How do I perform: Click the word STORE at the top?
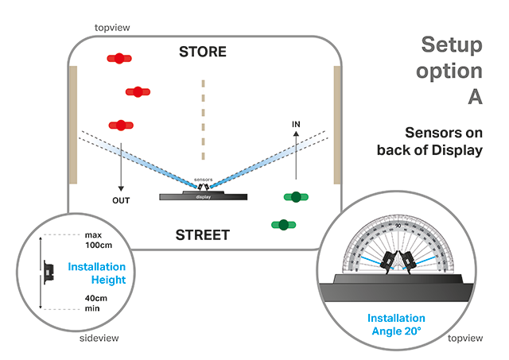pos(202,52)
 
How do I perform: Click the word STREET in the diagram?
pos(202,234)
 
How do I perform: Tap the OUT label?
pos(121,200)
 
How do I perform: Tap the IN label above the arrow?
pos(296,125)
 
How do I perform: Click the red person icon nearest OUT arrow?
pos(121,125)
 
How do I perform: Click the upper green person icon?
pos(297,196)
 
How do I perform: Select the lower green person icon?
pos(282,225)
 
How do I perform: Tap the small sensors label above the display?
pos(203,180)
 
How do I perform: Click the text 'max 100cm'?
pos(95,240)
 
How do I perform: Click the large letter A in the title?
pos(475,98)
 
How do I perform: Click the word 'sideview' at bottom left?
pos(99,340)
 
